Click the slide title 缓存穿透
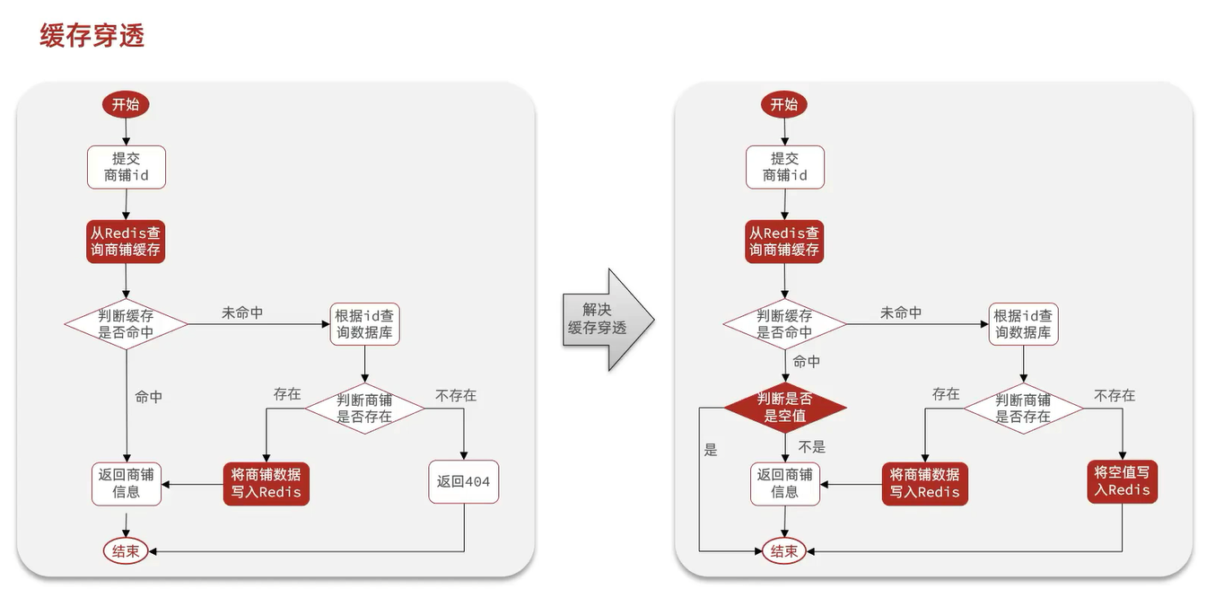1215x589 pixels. (x=92, y=35)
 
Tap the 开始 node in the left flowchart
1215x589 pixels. (x=126, y=104)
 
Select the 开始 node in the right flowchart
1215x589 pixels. (x=784, y=104)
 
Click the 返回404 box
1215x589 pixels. (x=463, y=482)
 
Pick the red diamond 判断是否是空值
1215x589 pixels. (x=785, y=408)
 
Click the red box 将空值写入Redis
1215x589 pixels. (x=1122, y=481)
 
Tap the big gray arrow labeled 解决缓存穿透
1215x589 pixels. (x=605, y=320)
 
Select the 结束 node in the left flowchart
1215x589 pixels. (x=126, y=551)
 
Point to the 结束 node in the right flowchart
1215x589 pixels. (x=784, y=551)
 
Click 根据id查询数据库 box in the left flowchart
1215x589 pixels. (x=364, y=324)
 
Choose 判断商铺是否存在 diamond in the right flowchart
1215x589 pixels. (x=1023, y=409)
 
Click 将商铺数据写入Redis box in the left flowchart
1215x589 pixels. (x=267, y=483)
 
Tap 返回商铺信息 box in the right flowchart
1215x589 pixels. (x=785, y=483)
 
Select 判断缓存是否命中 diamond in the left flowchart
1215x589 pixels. (x=126, y=324)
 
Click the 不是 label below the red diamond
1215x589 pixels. (x=811, y=446)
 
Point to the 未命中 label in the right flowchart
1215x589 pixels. (x=901, y=312)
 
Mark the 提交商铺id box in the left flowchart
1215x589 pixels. (x=126, y=167)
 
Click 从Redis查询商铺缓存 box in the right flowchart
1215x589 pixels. (x=784, y=241)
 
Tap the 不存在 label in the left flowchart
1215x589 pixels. (x=456, y=395)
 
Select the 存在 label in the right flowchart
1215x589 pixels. (x=946, y=394)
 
